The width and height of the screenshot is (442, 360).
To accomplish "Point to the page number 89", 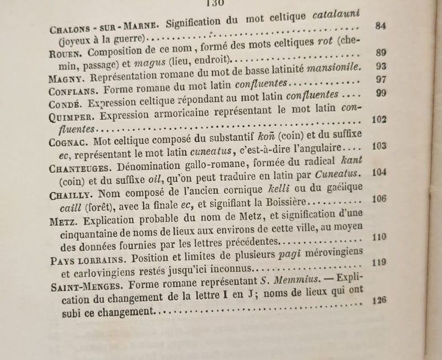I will [382, 53].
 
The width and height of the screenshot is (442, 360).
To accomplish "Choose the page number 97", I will [382, 80].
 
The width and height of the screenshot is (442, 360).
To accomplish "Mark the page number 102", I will [379, 119].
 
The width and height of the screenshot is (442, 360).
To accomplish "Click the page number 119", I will [379, 261].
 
